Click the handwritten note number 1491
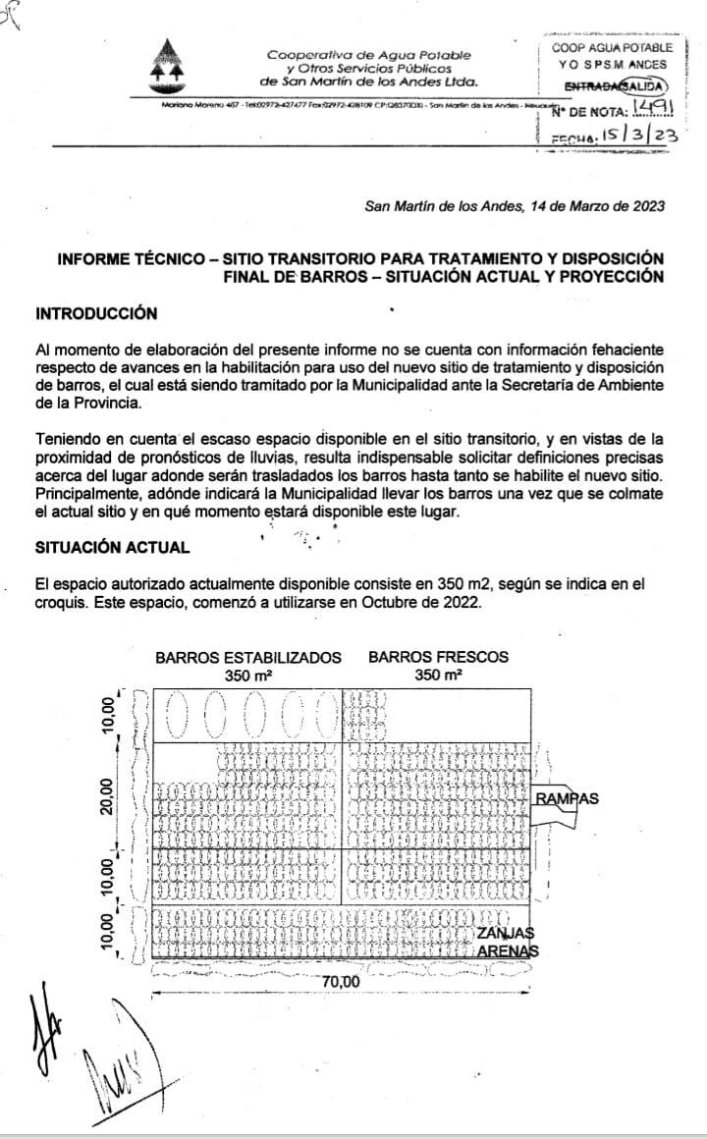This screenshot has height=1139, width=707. click(655, 110)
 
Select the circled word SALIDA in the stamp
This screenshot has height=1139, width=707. click(647, 87)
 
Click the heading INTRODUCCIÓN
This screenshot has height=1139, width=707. click(96, 313)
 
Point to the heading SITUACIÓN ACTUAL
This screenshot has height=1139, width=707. click(112, 546)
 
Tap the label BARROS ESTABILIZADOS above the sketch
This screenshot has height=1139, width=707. click(248, 658)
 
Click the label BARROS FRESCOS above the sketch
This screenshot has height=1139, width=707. click(439, 657)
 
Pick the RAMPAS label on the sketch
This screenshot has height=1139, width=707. click(567, 798)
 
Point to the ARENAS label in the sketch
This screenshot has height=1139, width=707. click(509, 951)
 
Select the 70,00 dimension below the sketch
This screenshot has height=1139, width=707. click(341, 982)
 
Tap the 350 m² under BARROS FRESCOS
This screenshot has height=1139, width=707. click(438, 676)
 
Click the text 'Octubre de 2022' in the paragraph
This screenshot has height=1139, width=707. click(429, 602)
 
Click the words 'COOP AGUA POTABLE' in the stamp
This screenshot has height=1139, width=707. click(612, 47)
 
